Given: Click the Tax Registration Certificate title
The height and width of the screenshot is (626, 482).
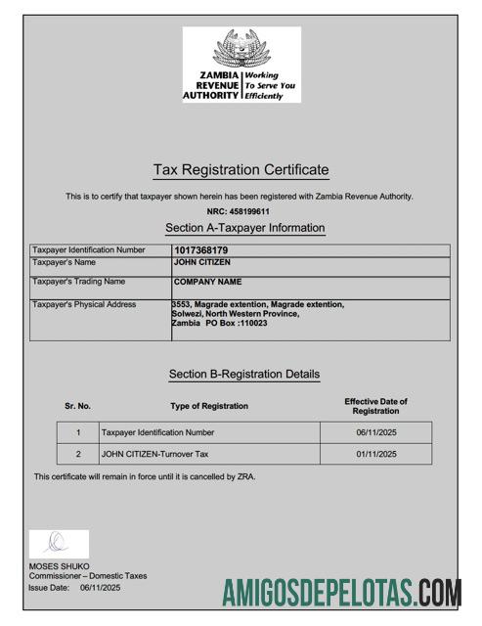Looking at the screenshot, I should coord(241,170).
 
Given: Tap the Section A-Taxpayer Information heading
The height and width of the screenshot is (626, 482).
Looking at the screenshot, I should coord(244,228).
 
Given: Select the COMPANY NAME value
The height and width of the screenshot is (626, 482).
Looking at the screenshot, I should coord(207,282).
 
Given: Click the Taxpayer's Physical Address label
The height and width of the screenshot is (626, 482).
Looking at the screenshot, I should coord(84,304).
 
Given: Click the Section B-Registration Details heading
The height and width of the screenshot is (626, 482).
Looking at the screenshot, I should coord(243,374).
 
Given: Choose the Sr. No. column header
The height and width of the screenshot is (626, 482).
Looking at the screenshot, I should coord(77,406).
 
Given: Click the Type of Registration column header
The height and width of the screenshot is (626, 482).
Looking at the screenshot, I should coord(208,406).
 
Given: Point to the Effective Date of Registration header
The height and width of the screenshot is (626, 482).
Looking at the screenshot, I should coord(375,406).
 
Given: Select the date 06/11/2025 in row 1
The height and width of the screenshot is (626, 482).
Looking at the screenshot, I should coord(376,432).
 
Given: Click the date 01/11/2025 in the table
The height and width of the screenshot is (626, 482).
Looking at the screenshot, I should coord(376,454).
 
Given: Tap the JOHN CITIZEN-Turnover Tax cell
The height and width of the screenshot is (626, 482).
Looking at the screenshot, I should coord(155,454).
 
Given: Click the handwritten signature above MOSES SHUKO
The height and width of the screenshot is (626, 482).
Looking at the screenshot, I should coord(57,543).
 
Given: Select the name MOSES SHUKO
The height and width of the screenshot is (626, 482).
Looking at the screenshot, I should coord(59,566).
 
